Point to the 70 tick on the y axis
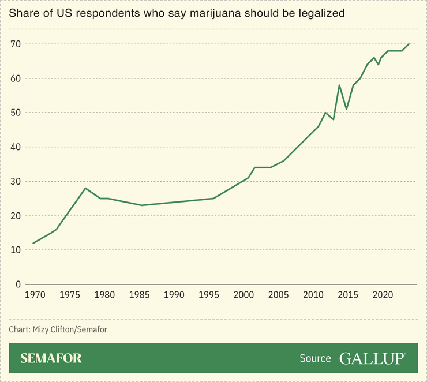pyautogui.click(x=16, y=44)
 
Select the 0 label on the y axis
pyautogui.click(x=18, y=284)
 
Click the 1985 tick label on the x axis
pyautogui.click(x=138, y=295)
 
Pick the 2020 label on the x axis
pyautogui.click(x=381, y=295)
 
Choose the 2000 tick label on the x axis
pyautogui.click(x=243, y=295)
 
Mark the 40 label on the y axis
pyautogui.click(x=16, y=147)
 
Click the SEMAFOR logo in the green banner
pyautogui.click(x=51, y=358)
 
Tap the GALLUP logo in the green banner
pyautogui.click(x=372, y=358)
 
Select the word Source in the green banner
pyautogui.click(x=315, y=358)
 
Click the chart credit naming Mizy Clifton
pyautogui.click(x=58, y=329)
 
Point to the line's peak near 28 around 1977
pyautogui.click(x=85, y=188)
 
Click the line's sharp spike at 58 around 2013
pyautogui.click(x=339, y=85)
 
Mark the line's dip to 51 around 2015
pyautogui.click(x=346, y=109)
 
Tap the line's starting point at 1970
pyautogui.click(x=33, y=243)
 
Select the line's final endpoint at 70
pyautogui.click(x=409, y=44)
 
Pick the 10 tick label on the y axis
pyautogui.click(x=16, y=250)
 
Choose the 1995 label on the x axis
pyautogui.click(x=208, y=295)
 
